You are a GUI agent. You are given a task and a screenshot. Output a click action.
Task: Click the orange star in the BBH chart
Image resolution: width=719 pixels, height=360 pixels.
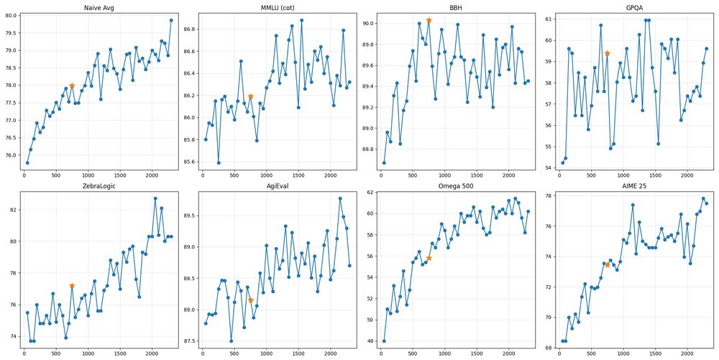click(429, 20)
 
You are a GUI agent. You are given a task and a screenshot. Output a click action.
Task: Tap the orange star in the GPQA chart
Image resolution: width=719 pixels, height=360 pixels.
click(608, 53)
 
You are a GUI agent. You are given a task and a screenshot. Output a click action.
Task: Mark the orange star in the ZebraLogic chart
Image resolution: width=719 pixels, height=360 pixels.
click(72, 286)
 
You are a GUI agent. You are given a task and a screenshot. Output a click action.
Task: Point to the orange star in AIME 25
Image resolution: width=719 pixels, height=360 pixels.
click(608, 264)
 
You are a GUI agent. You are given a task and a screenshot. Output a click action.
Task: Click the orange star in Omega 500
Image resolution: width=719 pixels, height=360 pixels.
click(429, 258)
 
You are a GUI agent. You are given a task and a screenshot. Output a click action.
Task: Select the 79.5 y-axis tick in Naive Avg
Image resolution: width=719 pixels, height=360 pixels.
click(10, 33)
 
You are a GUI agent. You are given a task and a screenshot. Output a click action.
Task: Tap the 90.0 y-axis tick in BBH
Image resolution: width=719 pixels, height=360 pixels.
click(367, 24)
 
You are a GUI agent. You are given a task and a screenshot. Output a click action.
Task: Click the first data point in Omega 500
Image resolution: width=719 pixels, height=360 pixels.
click(384, 341)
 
